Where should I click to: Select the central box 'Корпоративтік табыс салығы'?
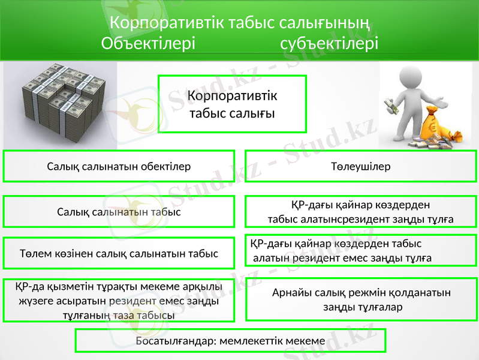pos(232,104)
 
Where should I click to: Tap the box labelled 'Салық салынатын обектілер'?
pos(119,166)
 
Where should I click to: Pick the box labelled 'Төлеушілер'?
pos(361,166)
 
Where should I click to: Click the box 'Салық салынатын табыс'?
pos(119,212)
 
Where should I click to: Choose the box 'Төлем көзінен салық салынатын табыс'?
pos(119,254)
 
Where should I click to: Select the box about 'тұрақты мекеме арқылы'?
pos(119,300)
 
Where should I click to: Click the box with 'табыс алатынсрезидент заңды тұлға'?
pos(361,212)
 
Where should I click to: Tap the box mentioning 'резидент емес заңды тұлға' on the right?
pos(361,251)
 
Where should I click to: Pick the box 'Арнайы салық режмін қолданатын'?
pos(361,299)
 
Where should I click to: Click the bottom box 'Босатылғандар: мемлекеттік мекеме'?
pos(230,341)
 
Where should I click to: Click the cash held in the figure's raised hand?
pos(390,107)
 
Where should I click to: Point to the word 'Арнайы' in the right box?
pos(290,292)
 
